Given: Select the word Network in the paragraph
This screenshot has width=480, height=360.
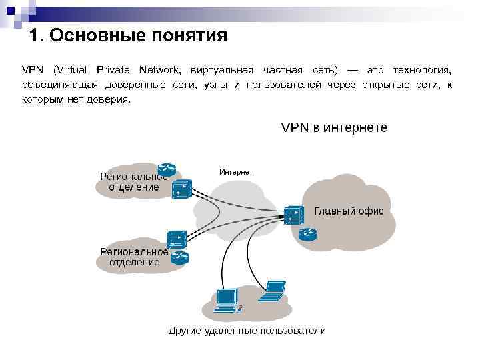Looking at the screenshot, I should (x=159, y=70).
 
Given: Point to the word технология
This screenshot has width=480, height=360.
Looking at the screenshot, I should (x=422, y=70).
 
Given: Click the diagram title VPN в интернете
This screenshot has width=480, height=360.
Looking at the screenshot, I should (x=333, y=127).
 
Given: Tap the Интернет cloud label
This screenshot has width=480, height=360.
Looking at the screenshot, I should (x=235, y=171).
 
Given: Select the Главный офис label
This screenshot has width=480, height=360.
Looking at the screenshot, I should (x=349, y=211).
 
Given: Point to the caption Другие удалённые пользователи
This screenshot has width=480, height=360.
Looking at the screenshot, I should (x=247, y=331).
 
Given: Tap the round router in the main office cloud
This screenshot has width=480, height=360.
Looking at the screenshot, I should (x=307, y=233).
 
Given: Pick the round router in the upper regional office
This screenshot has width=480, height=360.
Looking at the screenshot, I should (x=166, y=169).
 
